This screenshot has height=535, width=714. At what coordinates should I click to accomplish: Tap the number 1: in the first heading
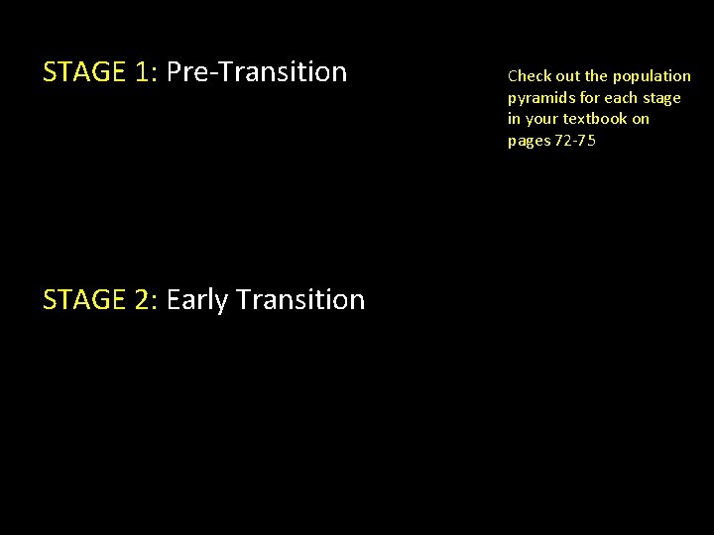(149, 72)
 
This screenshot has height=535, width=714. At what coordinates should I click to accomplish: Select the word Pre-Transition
(257, 72)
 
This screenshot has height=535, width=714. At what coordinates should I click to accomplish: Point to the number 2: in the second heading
(149, 300)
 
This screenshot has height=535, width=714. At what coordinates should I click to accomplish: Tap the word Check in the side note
(528, 76)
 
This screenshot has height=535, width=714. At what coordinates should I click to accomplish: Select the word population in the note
(652, 76)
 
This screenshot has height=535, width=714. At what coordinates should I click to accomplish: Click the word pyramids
(539, 98)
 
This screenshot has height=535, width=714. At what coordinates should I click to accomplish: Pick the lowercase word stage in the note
(661, 98)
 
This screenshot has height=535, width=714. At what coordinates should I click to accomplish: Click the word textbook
(594, 119)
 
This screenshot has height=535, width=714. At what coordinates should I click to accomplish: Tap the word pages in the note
(529, 141)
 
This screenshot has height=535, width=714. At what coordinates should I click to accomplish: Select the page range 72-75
(575, 141)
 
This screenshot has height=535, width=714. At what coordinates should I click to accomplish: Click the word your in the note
(541, 119)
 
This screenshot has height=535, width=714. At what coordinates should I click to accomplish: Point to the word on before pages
(641, 119)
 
